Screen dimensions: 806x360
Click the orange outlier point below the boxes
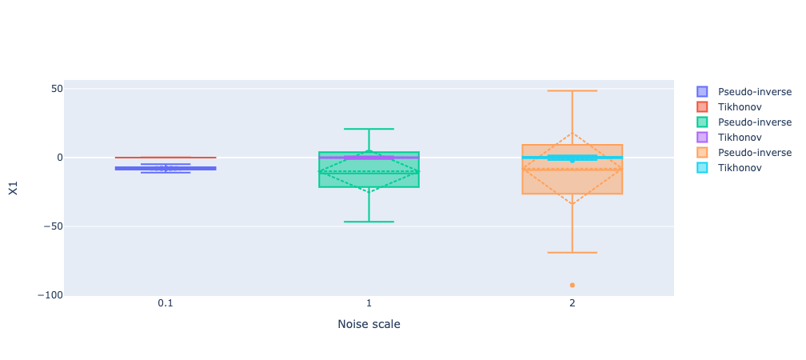tap(573, 285)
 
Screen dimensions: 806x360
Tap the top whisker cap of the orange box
tap(573, 90)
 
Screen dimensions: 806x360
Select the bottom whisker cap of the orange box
tap(573, 253)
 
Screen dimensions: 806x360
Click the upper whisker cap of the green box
tap(369, 129)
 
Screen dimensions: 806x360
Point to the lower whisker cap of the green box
tap(369, 222)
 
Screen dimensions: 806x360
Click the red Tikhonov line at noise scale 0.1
tap(166, 158)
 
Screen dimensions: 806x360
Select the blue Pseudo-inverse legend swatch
tap(702, 92)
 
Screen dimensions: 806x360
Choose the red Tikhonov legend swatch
tap(702, 107)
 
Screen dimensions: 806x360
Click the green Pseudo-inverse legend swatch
tap(702, 122)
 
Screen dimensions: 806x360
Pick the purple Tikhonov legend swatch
tap(702, 138)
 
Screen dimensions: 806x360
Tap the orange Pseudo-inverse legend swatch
tap(702, 153)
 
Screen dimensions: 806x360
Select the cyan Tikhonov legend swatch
tap(702, 168)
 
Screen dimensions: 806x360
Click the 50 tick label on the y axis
tap(56, 89)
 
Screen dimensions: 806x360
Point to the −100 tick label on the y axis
tap(50, 295)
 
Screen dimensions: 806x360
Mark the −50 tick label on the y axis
tap(53, 226)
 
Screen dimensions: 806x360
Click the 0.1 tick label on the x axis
tap(166, 304)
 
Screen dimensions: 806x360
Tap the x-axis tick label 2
tap(573, 304)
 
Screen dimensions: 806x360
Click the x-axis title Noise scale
tap(369, 325)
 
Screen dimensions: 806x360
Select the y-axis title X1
tap(14, 188)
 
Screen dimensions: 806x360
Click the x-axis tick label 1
tap(369, 304)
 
